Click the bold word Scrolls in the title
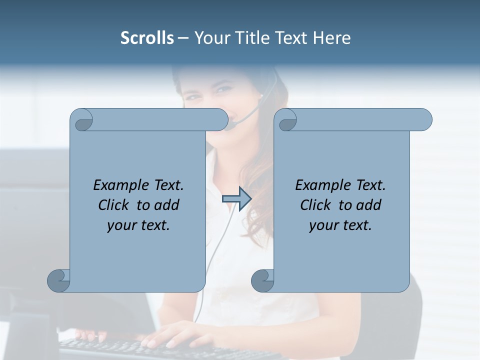click(147, 38)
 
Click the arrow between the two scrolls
click(236, 199)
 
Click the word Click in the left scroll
click(109, 205)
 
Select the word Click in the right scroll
click(311, 205)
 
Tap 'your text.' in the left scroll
click(138, 225)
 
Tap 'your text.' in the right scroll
click(340, 225)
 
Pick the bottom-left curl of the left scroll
click(58, 280)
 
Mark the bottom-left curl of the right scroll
click(262, 280)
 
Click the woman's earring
click(261, 95)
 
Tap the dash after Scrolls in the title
click(183, 38)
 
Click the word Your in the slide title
click(209, 38)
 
